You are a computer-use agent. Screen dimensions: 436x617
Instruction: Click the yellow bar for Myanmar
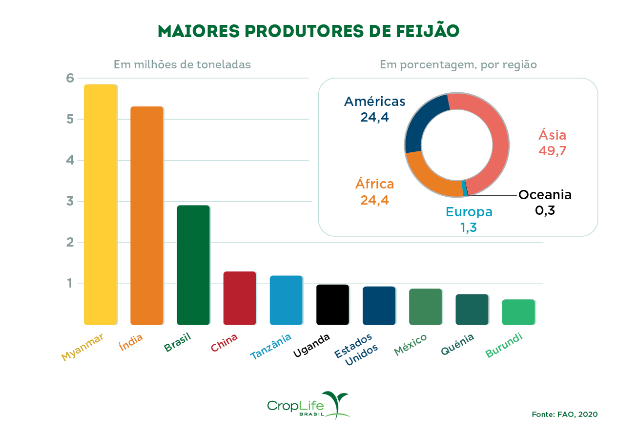[100, 205]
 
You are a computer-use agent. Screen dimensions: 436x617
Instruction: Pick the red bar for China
[239, 298]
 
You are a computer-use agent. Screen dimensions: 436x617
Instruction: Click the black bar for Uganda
[332, 305]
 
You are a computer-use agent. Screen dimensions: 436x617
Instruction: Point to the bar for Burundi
[518, 312]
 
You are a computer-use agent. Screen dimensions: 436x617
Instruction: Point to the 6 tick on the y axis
[70, 78]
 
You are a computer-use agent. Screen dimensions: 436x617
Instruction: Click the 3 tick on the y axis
[70, 201]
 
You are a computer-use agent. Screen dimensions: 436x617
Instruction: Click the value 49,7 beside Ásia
[552, 150]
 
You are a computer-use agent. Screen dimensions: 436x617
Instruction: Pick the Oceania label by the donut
[545, 195]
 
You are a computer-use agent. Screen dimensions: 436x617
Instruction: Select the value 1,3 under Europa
[468, 227]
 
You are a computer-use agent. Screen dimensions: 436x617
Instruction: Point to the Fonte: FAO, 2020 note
[564, 414]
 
